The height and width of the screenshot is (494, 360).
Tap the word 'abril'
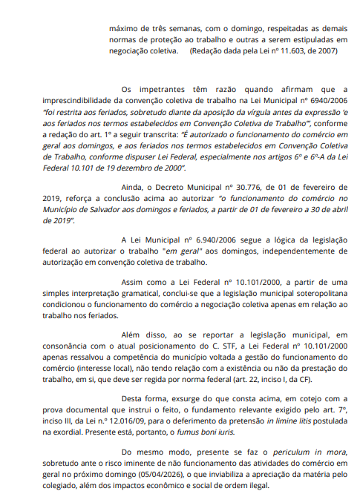click(336, 211)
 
